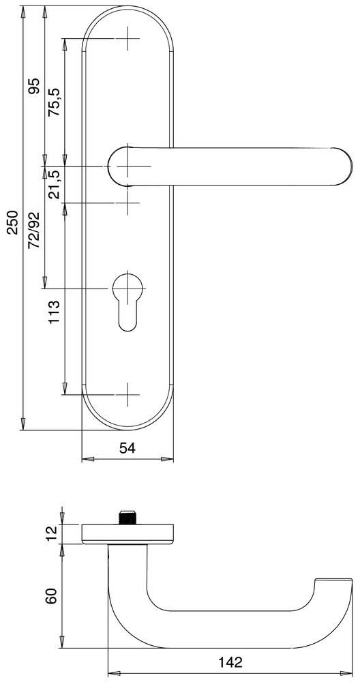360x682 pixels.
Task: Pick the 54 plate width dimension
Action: pos(127,448)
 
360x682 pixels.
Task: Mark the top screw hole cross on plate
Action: pos(127,38)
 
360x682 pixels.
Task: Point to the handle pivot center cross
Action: pos(127,166)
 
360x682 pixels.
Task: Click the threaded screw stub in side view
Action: pos(127,517)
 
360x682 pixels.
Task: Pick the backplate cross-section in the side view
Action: pos(127,533)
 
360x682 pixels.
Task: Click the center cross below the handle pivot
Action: pos(127,203)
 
